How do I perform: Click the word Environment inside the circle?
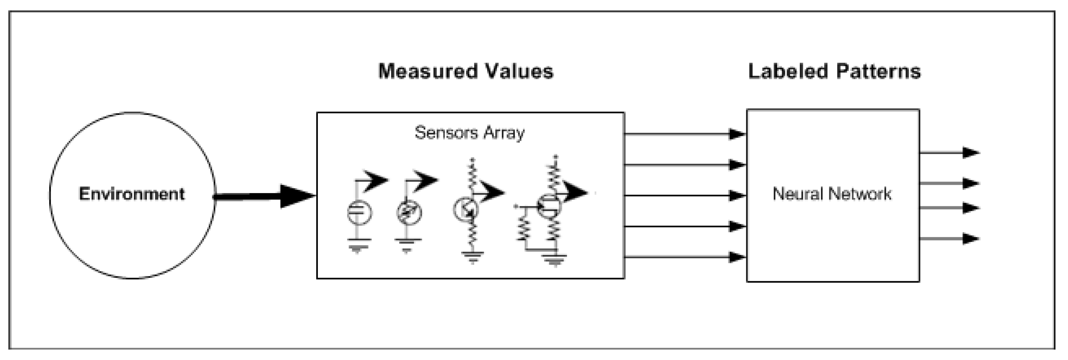pyautogui.click(x=132, y=194)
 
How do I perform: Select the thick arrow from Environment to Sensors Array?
pyautogui.click(x=265, y=196)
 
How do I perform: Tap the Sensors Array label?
pyautogui.click(x=469, y=133)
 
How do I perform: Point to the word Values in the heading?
pyautogui.click(x=519, y=71)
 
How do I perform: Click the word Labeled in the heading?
pyautogui.click(x=788, y=71)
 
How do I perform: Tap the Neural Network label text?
pyautogui.click(x=832, y=194)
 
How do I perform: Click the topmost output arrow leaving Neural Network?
pyautogui.click(x=949, y=153)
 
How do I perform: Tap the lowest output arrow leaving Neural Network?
pyautogui.click(x=949, y=238)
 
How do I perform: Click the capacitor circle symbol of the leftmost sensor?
pyautogui.click(x=359, y=212)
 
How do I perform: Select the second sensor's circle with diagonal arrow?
pyautogui.click(x=409, y=212)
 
